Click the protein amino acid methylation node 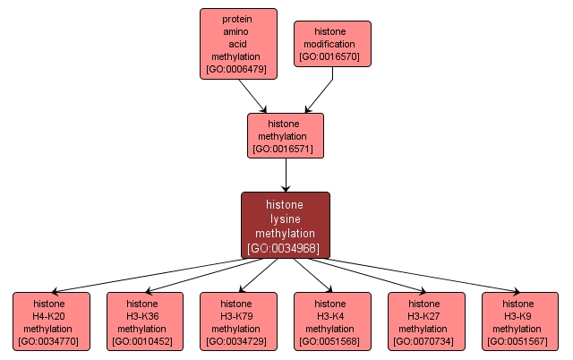pyautogui.click(x=237, y=44)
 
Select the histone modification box pyautogui.click(x=332, y=44)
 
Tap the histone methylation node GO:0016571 pyautogui.click(x=285, y=135)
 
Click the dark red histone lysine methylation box pyautogui.click(x=285, y=225)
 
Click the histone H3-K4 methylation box pyautogui.click(x=329, y=321)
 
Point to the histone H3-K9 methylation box pyautogui.click(x=518, y=321)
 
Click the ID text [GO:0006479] pyautogui.click(x=237, y=68)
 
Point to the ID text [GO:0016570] pyautogui.click(x=332, y=56)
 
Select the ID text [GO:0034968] pyautogui.click(x=285, y=248)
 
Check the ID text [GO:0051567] pyautogui.click(x=518, y=341)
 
